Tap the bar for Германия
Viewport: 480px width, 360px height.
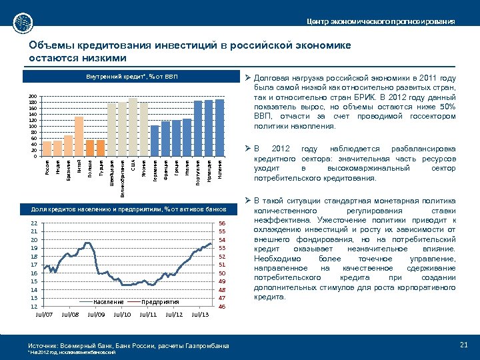coord(155,141)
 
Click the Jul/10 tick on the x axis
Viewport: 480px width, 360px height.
coord(122,313)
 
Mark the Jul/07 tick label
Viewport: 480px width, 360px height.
coord(43,313)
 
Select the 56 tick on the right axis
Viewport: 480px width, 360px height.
coord(223,223)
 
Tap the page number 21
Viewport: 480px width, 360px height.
coord(464,344)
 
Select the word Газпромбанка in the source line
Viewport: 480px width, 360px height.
coord(204,345)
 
